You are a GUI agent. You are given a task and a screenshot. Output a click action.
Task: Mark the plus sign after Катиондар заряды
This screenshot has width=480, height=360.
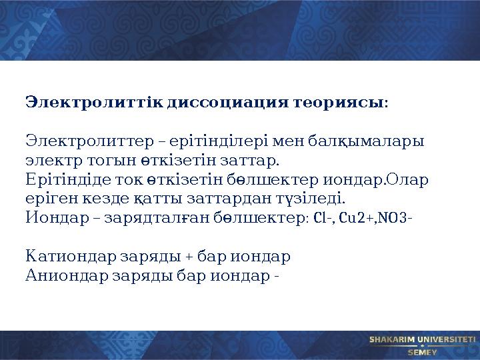click(x=189, y=257)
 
